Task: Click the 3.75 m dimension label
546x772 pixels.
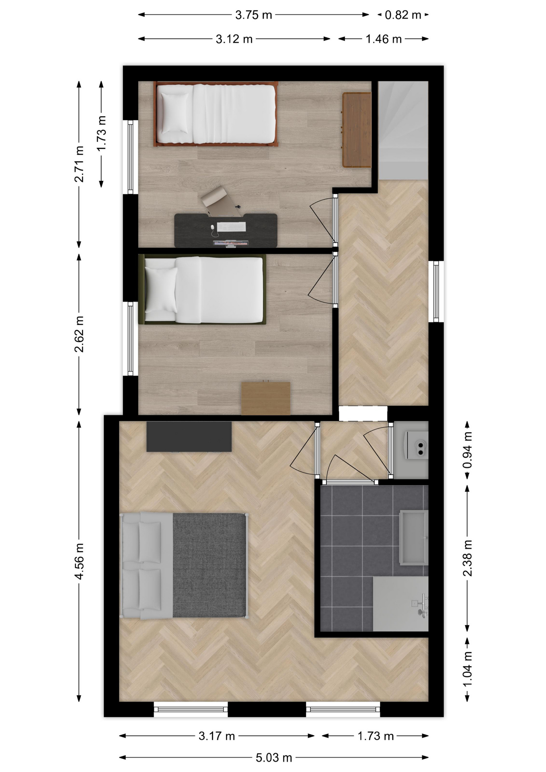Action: pos(254,15)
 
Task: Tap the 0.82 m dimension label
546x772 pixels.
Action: pos(403,15)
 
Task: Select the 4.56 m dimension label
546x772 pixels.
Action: pos(79,561)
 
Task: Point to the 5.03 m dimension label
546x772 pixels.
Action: pos(274,758)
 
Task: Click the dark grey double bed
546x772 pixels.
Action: pos(184,565)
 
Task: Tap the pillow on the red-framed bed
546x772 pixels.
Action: pos(175,111)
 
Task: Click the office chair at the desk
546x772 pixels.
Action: pos(218,198)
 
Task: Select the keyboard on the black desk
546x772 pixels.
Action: pos(232,227)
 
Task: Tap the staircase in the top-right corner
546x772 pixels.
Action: pos(403,130)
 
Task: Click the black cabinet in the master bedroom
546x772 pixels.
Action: pos(189,436)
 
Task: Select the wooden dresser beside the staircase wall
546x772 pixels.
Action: pos(357,129)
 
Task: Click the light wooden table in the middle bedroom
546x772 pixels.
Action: pos(266,398)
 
